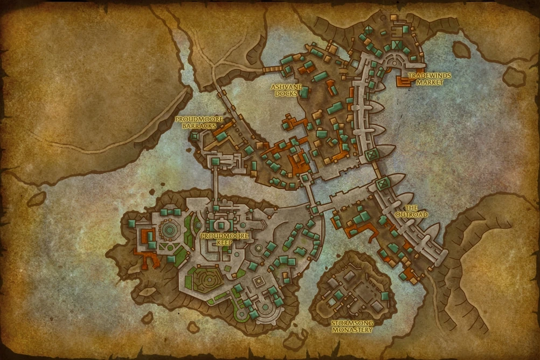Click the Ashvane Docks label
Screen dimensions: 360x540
pyautogui.click(x=286, y=90)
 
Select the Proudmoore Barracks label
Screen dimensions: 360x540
pyautogui.click(x=195, y=122)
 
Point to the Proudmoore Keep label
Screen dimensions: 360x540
pyautogui.click(x=218, y=239)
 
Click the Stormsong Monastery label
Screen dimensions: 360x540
pyautogui.click(x=351, y=326)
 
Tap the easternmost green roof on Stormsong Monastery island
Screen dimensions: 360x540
pyautogui.click(x=385, y=296)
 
